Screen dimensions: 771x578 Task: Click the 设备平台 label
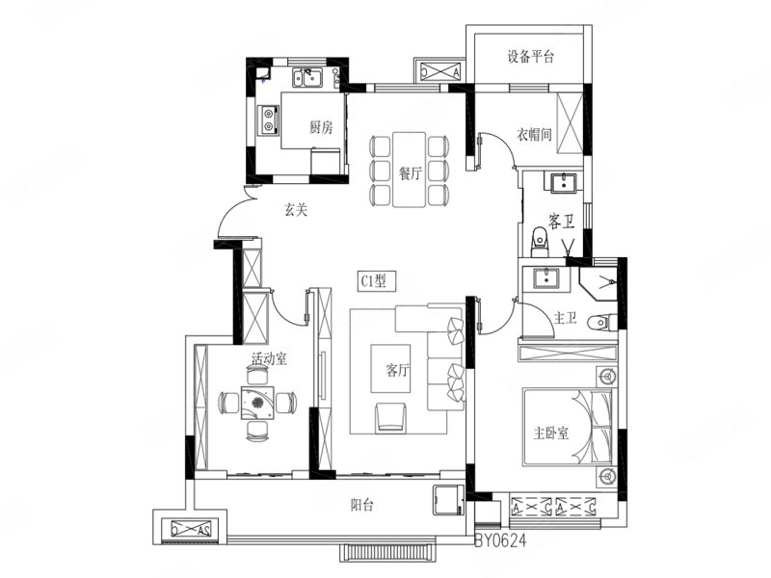point(531,57)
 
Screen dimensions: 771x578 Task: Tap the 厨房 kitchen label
point(321,128)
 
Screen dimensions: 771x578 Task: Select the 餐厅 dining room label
point(411,173)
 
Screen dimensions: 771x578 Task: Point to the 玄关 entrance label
point(296,210)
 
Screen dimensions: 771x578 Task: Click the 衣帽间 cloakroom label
point(534,134)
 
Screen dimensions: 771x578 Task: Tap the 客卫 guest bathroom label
point(562,222)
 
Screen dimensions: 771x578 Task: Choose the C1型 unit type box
point(376,280)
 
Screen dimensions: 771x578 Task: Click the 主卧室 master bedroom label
point(551,433)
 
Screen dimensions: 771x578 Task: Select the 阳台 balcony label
point(362,505)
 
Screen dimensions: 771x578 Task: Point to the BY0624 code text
point(500,540)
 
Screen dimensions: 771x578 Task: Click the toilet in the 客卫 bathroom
point(540,242)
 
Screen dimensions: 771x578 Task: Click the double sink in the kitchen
point(307,78)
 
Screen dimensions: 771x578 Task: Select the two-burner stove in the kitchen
point(269,119)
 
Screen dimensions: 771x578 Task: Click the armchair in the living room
point(391,418)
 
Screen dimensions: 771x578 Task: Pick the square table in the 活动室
point(257,403)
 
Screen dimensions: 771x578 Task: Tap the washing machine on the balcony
point(448,500)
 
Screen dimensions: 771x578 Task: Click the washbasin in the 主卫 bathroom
point(546,278)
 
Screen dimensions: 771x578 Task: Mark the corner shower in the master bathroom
point(598,283)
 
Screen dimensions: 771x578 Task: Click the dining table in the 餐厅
point(409,170)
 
